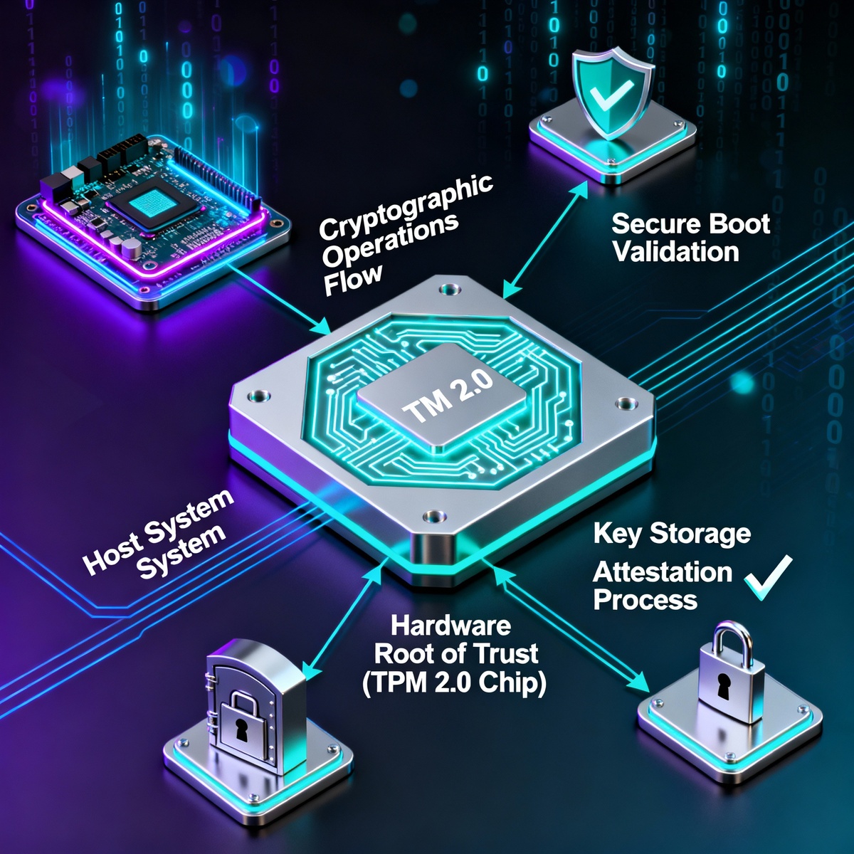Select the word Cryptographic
pyautogui.click(x=406, y=206)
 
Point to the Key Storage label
pyautogui.click(x=672, y=534)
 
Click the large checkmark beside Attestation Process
pyautogui.click(x=768, y=577)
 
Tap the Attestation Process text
pyautogui.click(x=662, y=586)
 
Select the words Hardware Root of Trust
pyautogui.click(x=455, y=640)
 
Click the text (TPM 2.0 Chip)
pyautogui.click(x=454, y=682)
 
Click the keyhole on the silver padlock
pyautogui.click(x=724, y=686)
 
